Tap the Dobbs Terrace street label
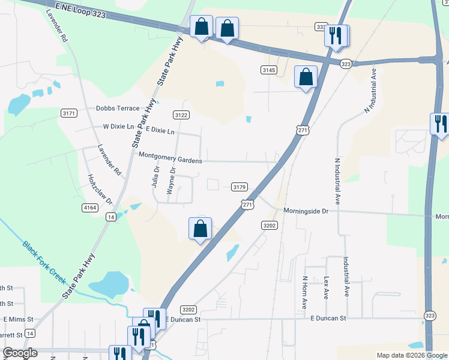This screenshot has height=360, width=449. point(118,109)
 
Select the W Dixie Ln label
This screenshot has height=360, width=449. point(119,127)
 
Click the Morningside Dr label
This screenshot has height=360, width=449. point(307,211)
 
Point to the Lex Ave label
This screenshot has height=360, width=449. point(327,287)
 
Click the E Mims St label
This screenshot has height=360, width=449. point(17,319)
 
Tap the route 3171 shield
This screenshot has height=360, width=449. point(70,113)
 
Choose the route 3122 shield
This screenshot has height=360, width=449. point(181,115)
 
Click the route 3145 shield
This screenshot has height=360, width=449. point(268,70)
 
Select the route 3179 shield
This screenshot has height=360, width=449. point(239,187)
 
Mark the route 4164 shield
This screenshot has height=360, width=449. point(91,208)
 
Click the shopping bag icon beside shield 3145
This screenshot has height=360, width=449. point(306,77)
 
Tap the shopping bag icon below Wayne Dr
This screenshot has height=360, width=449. point(200,229)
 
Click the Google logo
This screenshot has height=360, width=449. point(20,353)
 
